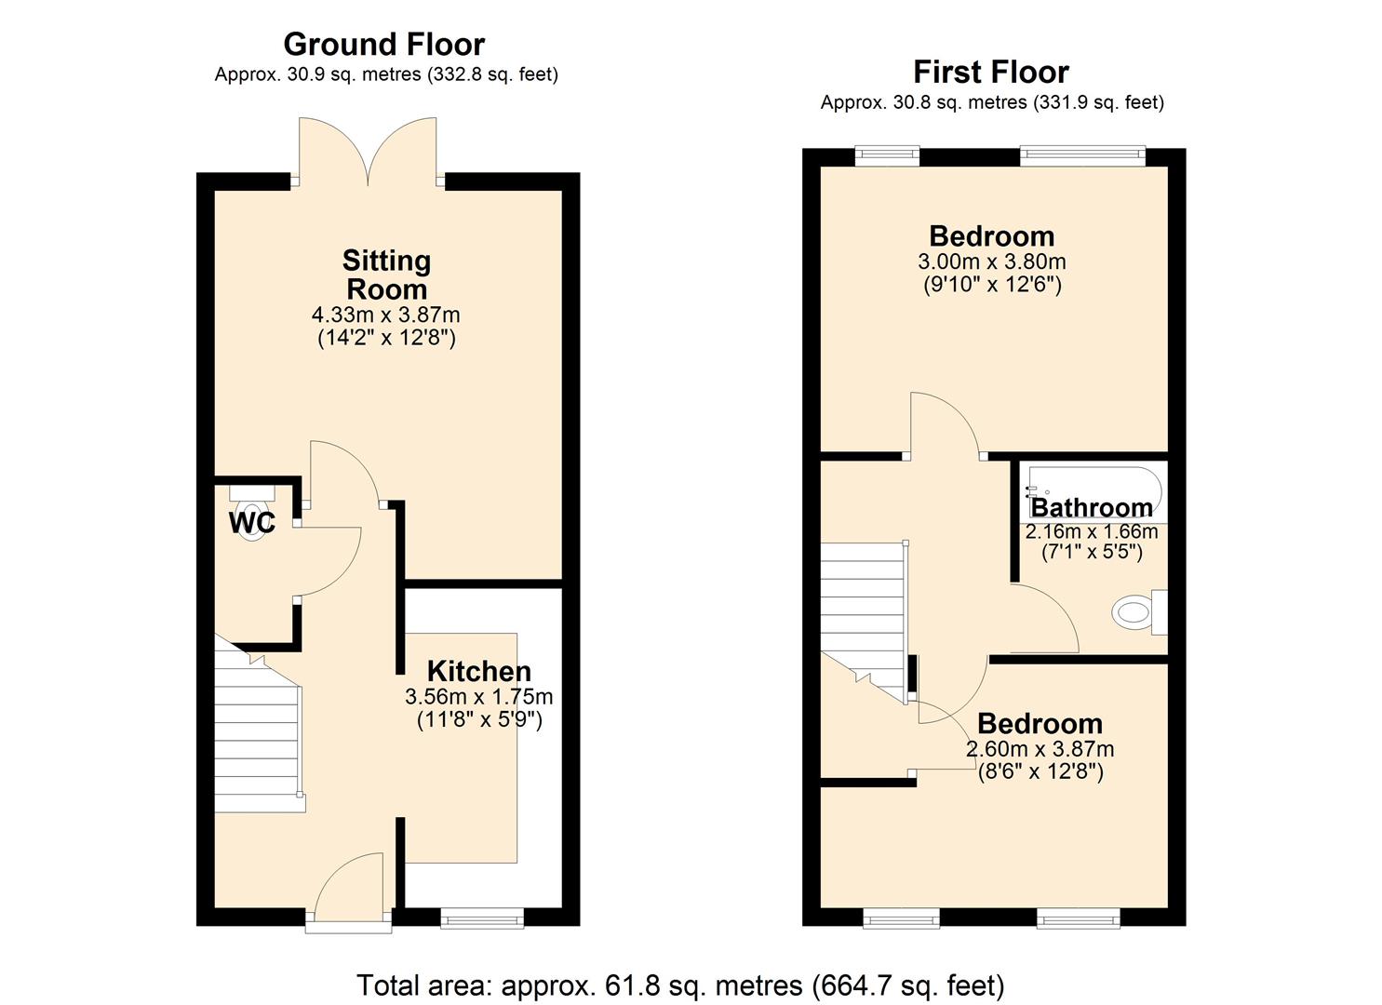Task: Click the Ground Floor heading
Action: click(x=383, y=45)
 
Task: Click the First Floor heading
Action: click(x=990, y=72)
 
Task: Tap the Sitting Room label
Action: click(x=386, y=274)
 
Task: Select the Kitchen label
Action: click(x=478, y=671)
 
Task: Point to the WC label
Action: click(x=252, y=523)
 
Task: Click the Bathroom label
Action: click(x=1091, y=508)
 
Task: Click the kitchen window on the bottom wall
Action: click(x=481, y=918)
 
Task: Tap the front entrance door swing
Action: click(x=349, y=889)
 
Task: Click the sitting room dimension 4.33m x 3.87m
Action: click(x=386, y=315)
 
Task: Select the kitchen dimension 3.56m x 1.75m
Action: click(x=478, y=696)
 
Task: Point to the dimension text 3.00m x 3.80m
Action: click(x=991, y=261)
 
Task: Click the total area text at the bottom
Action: click(x=680, y=985)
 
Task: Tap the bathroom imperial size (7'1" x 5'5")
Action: click(x=1091, y=552)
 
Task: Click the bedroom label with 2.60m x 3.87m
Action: click(x=1040, y=723)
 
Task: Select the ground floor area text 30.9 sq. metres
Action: click(x=386, y=74)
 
